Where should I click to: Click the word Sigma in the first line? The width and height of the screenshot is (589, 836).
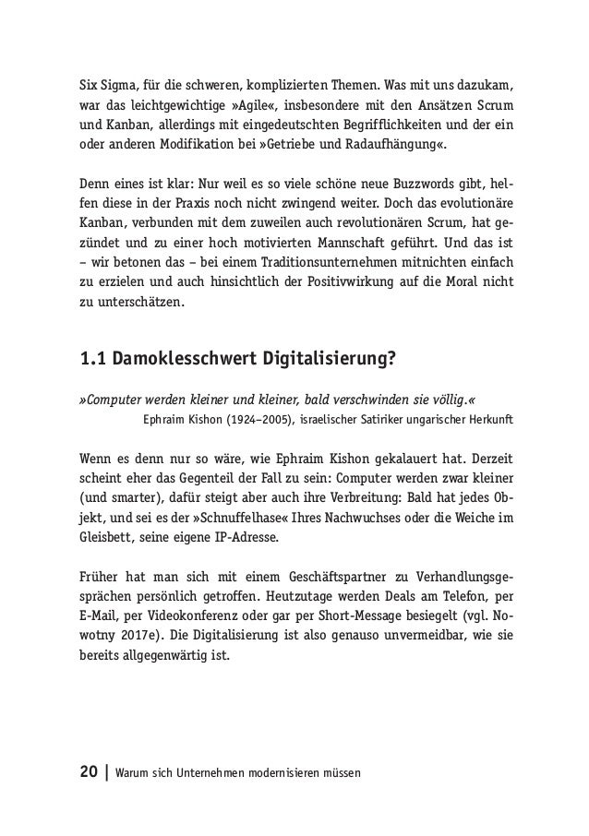click(117, 99)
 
